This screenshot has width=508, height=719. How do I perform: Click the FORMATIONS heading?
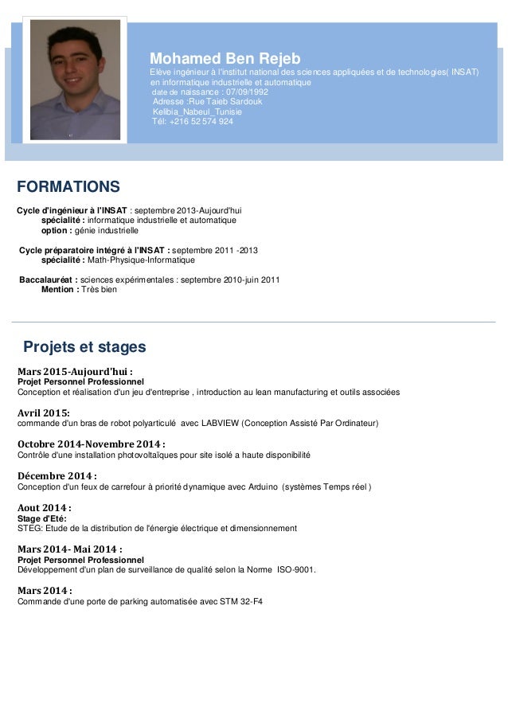tap(68, 187)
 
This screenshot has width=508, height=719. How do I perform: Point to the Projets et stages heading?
tap(84, 348)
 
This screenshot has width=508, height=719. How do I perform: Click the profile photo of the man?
tap(76, 78)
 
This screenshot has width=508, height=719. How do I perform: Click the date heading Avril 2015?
tap(44, 412)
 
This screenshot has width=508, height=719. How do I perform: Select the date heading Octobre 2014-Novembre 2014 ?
tap(92, 444)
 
